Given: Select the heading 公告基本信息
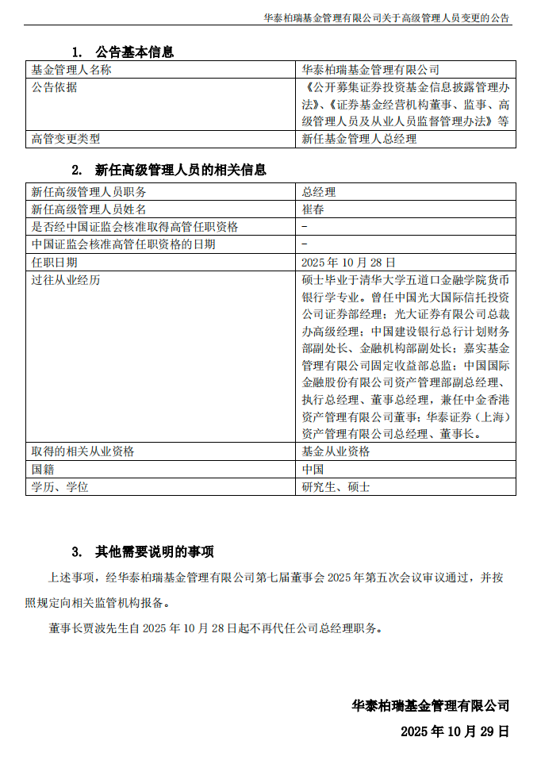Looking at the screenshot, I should pyautogui.click(x=134, y=52).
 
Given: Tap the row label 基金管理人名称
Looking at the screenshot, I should pyautogui.click(x=71, y=70).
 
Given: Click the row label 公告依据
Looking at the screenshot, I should pyautogui.click(x=55, y=87).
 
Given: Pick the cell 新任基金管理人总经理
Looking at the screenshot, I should pyautogui.click(x=359, y=139).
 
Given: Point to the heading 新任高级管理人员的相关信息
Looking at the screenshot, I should pyautogui.click(x=180, y=170).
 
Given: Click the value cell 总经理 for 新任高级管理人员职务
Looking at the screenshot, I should pyautogui.click(x=319, y=192).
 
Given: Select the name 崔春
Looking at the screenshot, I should pyautogui.click(x=313, y=209).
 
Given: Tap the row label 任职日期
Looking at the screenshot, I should pyautogui.click(x=55, y=262).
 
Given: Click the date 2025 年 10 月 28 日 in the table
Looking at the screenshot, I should pyautogui.click(x=348, y=262).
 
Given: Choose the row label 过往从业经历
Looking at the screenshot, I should pyautogui.click(x=66, y=279).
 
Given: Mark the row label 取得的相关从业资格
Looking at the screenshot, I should pyautogui.click(x=82, y=451).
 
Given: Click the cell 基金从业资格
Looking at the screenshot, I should pyautogui.click(x=336, y=451).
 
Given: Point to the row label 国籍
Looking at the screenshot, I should pyautogui.click(x=43, y=469).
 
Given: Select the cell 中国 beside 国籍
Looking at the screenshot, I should pyautogui.click(x=313, y=469).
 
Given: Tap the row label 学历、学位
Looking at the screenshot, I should pyautogui.click(x=59, y=486).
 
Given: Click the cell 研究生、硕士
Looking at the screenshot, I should pyautogui.click(x=336, y=486).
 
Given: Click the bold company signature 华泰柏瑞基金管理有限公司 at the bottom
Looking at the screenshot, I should pyautogui.click(x=431, y=705).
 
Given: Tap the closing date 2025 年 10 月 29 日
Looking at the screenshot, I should pyautogui.click(x=455, y=731).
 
